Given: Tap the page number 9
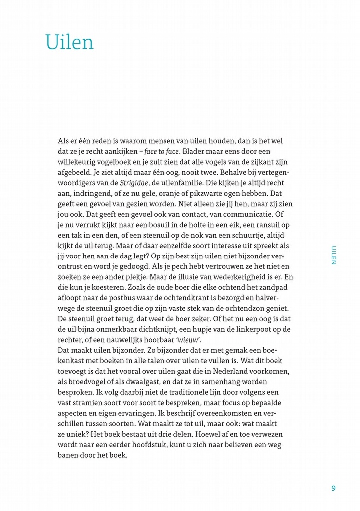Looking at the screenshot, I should click(x=333, y=488).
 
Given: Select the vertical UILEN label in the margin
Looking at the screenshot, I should click(x=334, y=255).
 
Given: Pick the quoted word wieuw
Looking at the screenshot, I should click(x=186, y=340).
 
